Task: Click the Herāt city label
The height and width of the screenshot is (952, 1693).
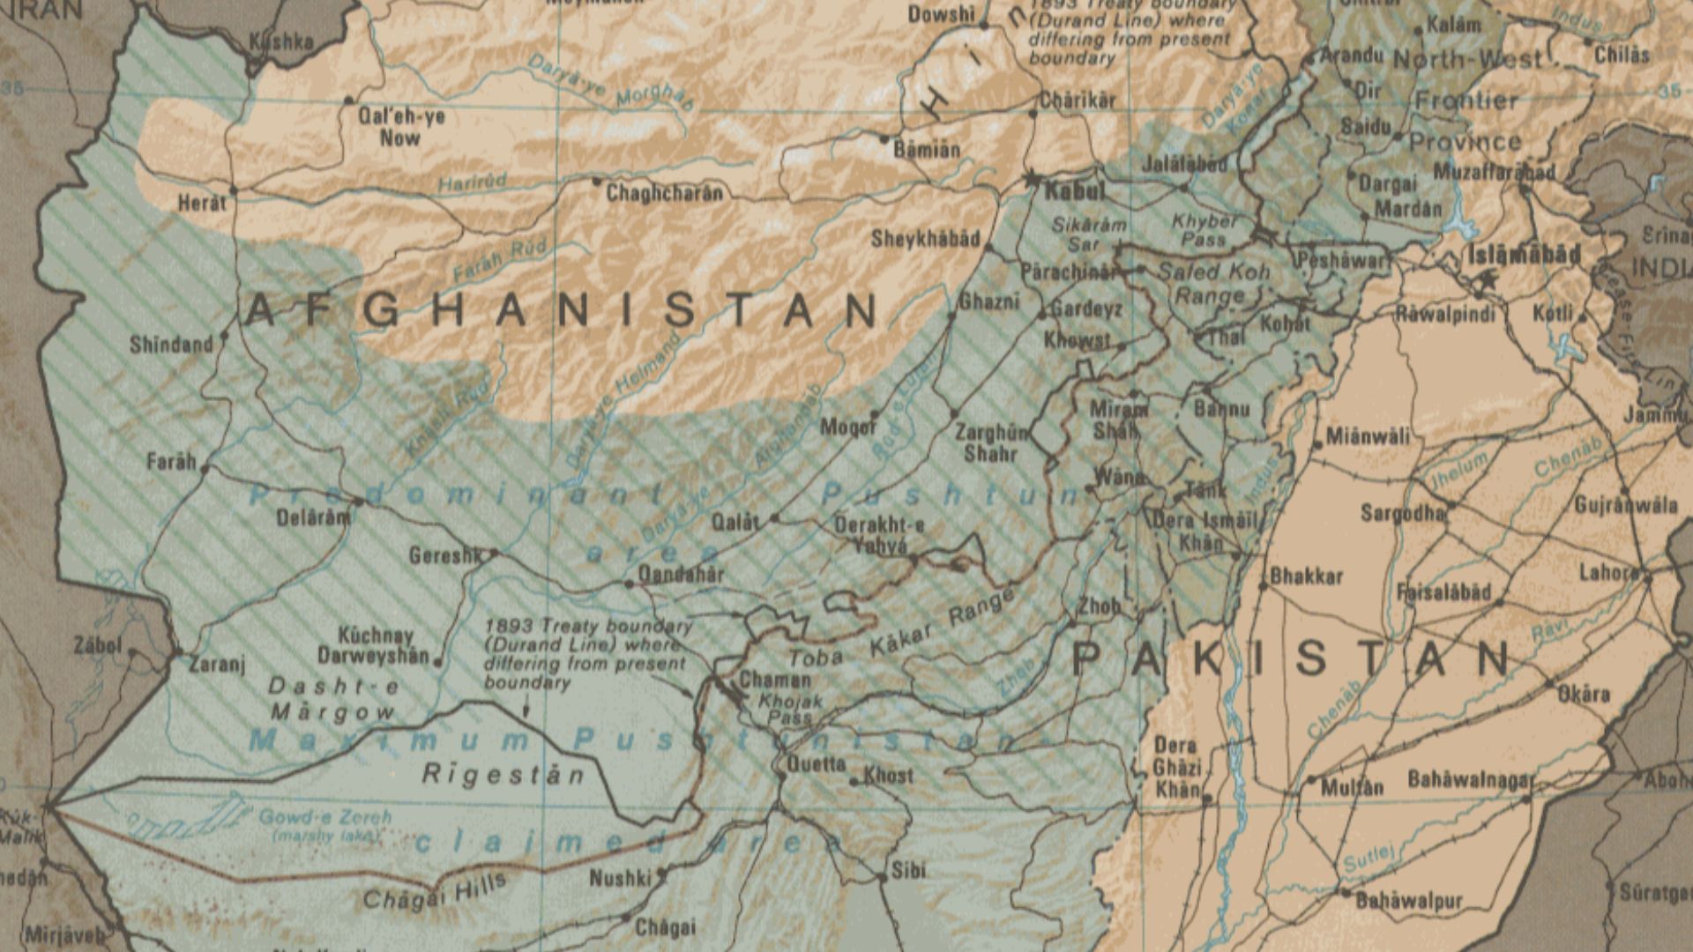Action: pyautogui.click(x=202, y=203)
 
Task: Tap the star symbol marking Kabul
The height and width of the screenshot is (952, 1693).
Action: pyautogui.click(x=1033, y=179)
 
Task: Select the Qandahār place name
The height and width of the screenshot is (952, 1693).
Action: pyautogui.click(x=680, y=575)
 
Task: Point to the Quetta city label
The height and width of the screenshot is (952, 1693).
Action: pyautogui.click(x=816, y=764)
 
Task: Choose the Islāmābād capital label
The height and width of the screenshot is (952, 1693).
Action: pyautogui.click(x=1525, y=255)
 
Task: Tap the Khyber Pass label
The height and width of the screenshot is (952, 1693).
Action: pyautogui.click(x=1204, y=230)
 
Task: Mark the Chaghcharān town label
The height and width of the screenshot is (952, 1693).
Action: pyautogui.click(x=664, y=193)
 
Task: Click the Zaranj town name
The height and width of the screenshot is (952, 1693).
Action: pyautogui.click(x=217, y=664)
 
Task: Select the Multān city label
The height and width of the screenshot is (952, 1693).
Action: pyautogui.click(x=1352, y=787)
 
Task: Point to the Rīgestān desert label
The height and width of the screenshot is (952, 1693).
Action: pyautogui.click(x=503, y=775)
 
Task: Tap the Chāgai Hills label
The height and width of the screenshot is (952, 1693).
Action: pyautogui.click(x=435, y=891)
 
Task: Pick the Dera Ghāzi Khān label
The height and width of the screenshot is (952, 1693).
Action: pyautogui.click(x=1176, y=767)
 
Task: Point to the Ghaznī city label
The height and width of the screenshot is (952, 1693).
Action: pyautogui.click(x=988, y=301)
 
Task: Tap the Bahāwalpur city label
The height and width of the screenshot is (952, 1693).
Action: pyautogui.click(x=1408, y=901)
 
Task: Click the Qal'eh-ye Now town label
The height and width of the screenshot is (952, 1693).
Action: pyautogui.click(x=401, y=127)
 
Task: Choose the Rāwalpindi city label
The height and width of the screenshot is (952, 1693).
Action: pyautogui.click(x=1445, y=314)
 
